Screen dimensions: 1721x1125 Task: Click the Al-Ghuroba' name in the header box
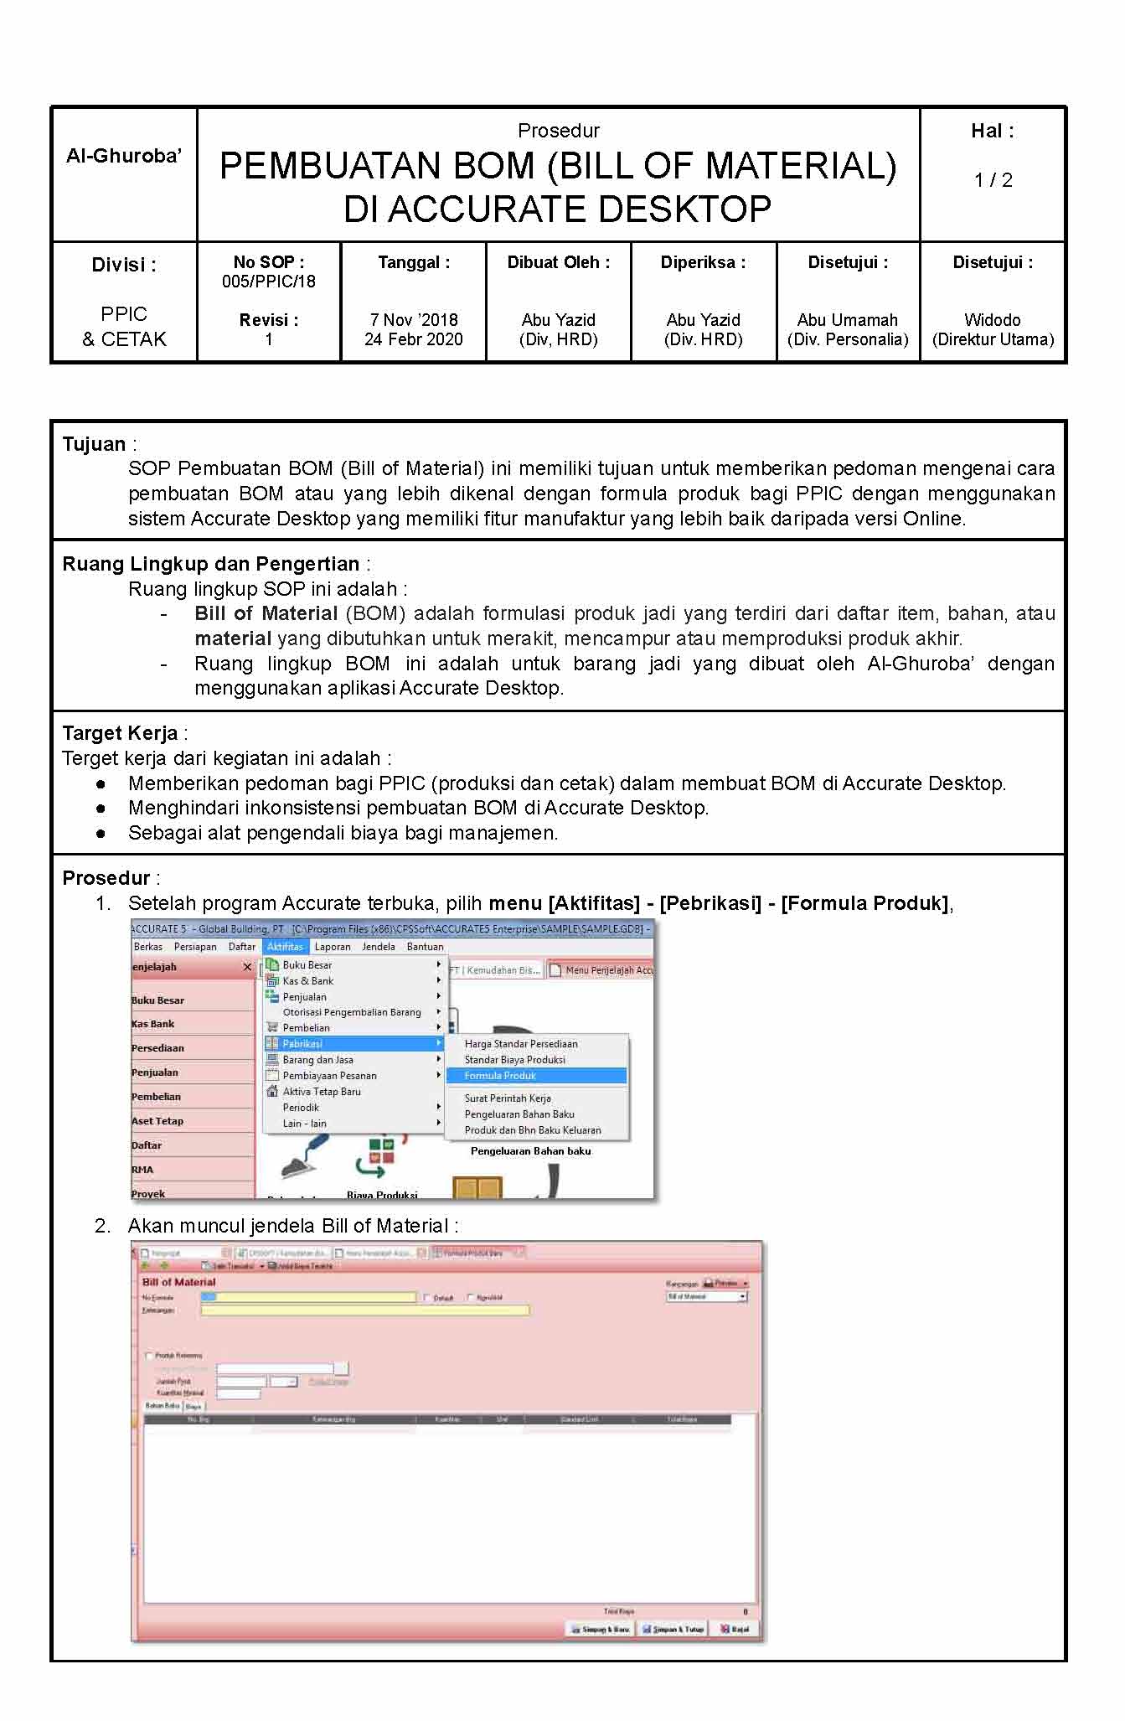point(124,156)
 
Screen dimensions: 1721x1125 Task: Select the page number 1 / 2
point(993,180)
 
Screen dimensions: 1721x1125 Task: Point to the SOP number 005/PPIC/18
point(269,282)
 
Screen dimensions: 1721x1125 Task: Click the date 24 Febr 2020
point(414,339)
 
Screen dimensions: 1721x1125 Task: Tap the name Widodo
point(993,320)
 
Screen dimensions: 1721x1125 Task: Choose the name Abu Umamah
point(847,320)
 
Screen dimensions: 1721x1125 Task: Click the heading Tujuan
point(94,444)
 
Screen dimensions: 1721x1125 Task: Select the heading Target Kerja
point(120,733)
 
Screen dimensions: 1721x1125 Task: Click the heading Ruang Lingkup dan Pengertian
point(210,564)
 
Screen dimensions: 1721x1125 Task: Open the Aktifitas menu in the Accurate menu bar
point(285,947)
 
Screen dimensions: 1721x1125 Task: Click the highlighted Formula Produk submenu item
point(500,1076)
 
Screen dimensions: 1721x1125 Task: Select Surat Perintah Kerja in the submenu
point(508,1098)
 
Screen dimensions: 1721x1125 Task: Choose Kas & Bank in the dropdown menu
point(308,981)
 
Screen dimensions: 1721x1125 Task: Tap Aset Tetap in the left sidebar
point(157,1121)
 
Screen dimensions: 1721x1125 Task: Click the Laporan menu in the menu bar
point(333,947)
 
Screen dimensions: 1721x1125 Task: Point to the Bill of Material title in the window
point(178,1282)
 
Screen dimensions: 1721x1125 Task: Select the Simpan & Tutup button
point(673,1629)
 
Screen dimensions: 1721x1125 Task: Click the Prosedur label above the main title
point(558,131)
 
